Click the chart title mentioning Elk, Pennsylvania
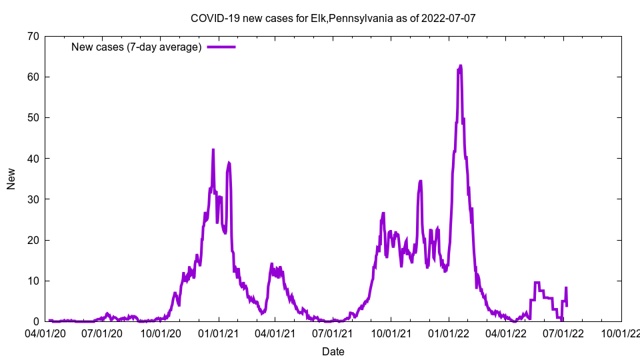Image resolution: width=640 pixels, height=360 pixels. pyautogui.click(x=333, y=18)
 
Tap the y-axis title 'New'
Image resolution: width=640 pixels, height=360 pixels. pyautogui.click(x=11, y=179)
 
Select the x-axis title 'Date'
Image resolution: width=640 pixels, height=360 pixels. pyautogui.click(x=333, y=351)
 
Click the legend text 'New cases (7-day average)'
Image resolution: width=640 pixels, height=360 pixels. pyautogui.click(x=137, y=47)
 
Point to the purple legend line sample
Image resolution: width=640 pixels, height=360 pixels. pyautogui.click(x=221, y=47)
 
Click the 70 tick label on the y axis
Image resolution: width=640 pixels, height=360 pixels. pyautogui.click(x=33, y=36)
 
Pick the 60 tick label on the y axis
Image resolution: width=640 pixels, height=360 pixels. pyautogui.click(x=33, y=77)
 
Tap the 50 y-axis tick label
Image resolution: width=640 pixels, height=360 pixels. pyautogui.click(x=33, y=117)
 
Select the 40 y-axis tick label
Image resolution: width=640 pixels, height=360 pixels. pyautogui.click(x=33, y=159)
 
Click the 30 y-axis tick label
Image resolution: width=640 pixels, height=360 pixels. pyautogui.click(x=33, y=199)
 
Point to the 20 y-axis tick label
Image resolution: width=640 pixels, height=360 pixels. pyautogui.click(x=33, y=240)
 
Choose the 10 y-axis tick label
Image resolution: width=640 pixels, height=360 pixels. pyautogui.click(x=33, y=281)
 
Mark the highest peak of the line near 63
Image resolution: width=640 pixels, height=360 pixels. pyautogui.click(x=460, y=66)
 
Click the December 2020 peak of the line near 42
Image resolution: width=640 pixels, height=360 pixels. pyautogui.click(x=213, y=150)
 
